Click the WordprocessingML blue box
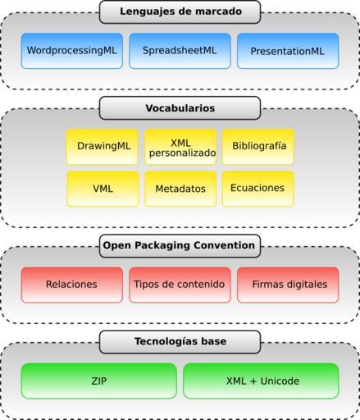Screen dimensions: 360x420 click(72, 51)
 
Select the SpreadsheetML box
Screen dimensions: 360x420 click(180, 51)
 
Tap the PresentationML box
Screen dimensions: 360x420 click(288, 51)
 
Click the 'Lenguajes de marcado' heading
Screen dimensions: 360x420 click(180, 11)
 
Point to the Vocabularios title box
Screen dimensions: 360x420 click(180, 108)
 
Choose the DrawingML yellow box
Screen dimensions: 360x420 click(102, 147)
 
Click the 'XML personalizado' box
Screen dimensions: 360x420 click(180, 147)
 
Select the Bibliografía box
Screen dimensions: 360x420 click(258, 147)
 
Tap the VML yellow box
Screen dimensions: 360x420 click(103, 189)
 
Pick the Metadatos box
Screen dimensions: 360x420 click(180, 189)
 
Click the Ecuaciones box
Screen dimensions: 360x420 click(258, 189)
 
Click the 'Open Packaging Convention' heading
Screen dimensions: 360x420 click(180, 246)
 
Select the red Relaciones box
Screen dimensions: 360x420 click(72, 285)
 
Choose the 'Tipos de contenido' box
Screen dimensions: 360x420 click(180, 285)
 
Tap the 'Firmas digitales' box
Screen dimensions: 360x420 click(288, 285)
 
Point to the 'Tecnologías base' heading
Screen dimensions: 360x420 click(180, 342)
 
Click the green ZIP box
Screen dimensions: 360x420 click(99, 381)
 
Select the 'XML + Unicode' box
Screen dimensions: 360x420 click(261, 381)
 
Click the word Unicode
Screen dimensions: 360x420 click(280, 381)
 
